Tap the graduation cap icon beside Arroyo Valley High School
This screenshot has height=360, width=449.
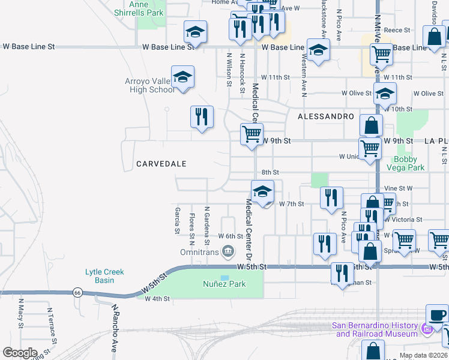click(x=182, y=77)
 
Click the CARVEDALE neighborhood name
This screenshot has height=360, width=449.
click(x=161, y=164)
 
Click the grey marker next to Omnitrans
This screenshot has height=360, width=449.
click(x=228, y=251)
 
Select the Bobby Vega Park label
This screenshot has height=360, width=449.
click(x=409, y=164)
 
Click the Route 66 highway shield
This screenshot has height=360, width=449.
click(x=77, y=292)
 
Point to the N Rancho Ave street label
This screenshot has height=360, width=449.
click(x=115, y=329)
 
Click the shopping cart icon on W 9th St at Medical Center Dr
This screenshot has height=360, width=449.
click(x=252, y=134)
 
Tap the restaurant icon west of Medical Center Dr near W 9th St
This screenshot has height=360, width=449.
click(x=202, y=116)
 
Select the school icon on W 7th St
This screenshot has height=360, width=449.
click(x=262, y=193)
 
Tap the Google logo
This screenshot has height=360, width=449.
click(x=20, y=352)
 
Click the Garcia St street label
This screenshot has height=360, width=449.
click(x=177, y=220)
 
